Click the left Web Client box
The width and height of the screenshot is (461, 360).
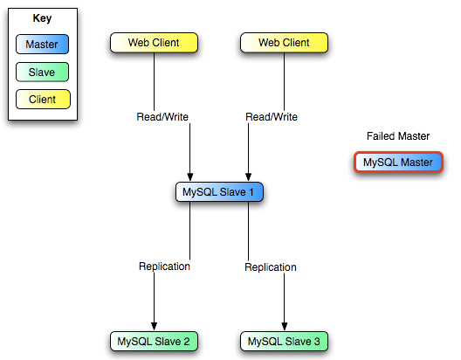coord(154,43)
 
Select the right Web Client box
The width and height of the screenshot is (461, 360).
coord(284,43)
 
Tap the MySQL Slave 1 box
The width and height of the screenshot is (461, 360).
coord(219,192)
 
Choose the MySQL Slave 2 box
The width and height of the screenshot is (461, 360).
coord(154,341)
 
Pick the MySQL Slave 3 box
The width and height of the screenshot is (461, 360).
coord(284,341)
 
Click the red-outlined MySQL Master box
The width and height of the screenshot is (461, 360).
coord(398,162)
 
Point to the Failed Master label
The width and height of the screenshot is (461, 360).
coord(398,136)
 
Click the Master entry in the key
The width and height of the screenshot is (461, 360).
coord(42,44)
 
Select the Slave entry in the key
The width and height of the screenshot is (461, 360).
coord(42,72)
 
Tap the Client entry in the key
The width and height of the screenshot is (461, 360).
coord(43,100)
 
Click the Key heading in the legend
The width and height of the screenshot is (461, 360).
coord(42,18)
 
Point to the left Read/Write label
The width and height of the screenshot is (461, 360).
coord(162,117)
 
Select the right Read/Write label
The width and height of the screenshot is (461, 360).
coord(272,117)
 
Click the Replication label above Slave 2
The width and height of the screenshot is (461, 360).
coord(164,267)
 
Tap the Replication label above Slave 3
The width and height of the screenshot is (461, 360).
coord(271,267)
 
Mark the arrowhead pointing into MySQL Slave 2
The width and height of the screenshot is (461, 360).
coord(154,326)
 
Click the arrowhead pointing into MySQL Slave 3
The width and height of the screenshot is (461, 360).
coord(285,326)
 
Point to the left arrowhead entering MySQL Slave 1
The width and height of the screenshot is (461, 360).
coord(190,177)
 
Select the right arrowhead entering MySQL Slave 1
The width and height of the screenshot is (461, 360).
coord(249,177)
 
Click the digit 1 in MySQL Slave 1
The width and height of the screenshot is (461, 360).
coord(251,192)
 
